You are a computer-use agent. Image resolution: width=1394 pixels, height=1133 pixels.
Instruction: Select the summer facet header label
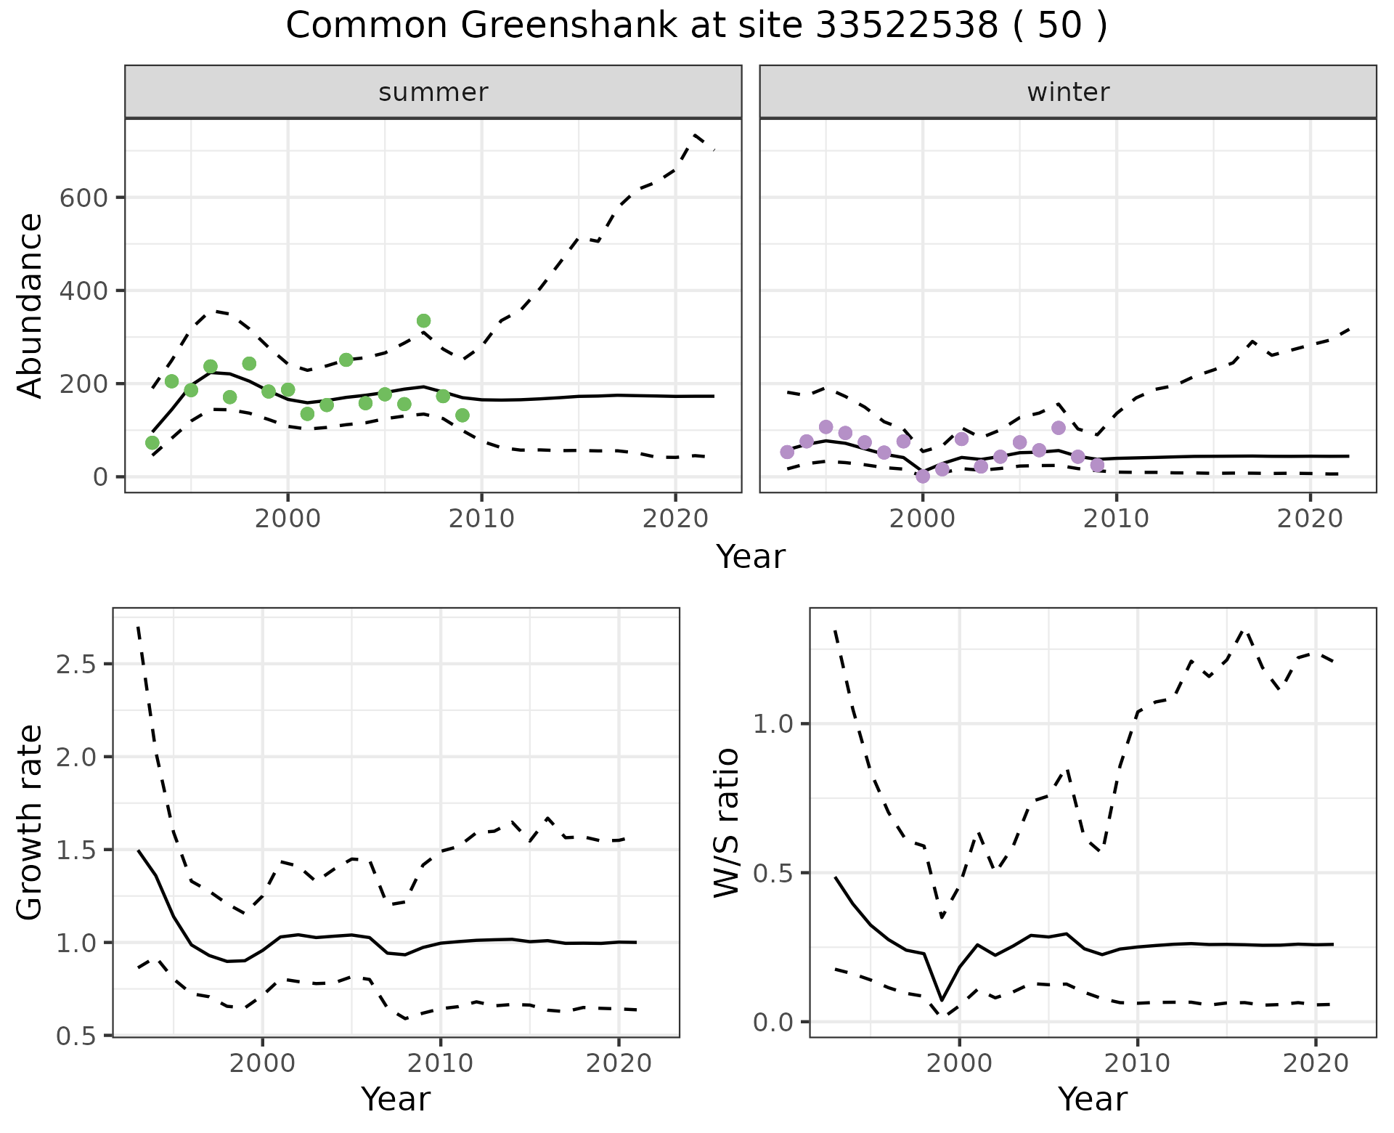pos(433,92)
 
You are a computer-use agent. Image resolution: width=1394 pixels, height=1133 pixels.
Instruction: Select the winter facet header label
pos(1068,92)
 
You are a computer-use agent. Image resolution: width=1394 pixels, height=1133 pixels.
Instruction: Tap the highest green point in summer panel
pos(424,321)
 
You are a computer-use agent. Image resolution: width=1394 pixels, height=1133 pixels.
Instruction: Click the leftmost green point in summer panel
pos(152,443)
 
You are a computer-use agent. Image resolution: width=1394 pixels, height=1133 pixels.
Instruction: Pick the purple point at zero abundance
pos(923,476)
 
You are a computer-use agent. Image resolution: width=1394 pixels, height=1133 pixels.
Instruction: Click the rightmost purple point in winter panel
pos(1097,465)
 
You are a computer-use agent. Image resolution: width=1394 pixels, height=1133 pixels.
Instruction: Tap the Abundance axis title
pos(30,305)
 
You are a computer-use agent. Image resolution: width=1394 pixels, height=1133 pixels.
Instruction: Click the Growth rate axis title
pos(30,823)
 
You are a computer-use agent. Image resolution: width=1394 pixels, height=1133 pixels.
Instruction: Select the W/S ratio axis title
pos(727,823)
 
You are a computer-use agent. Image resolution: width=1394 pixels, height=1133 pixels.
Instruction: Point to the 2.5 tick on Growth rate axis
pos(79,665)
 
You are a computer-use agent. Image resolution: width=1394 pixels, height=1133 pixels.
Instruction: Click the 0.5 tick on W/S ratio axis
pos(775,874)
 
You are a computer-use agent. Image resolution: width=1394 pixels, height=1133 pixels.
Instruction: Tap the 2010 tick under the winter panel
pos(1117,519)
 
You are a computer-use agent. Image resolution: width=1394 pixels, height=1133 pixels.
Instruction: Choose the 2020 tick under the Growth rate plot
pos(619,1064)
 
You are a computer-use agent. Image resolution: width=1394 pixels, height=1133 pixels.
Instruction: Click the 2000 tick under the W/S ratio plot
pos(960,1064)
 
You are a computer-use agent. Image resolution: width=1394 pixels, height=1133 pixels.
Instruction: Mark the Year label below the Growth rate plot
pos(396,1100)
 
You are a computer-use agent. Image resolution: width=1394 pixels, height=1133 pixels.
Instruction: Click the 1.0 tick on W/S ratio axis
pos(775,725)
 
